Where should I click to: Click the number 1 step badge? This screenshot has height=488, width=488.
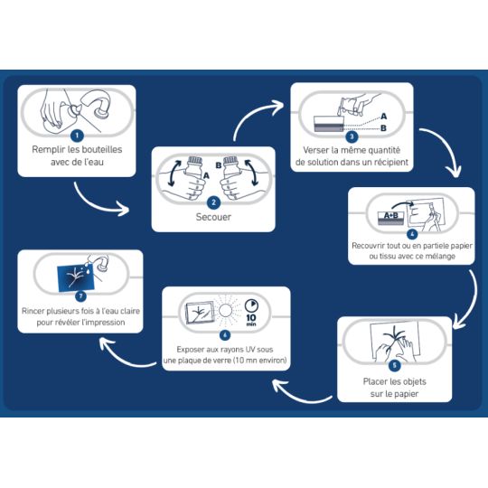77,136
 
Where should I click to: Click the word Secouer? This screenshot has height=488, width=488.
213,217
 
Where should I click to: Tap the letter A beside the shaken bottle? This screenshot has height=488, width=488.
206,176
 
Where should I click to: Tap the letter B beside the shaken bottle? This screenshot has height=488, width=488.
219,165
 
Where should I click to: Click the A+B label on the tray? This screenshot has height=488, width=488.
390,215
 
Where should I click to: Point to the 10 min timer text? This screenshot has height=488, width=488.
251,320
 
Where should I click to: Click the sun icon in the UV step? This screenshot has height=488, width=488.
225,311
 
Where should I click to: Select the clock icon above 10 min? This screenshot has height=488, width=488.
251,305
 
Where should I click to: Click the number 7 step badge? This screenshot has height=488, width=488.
81,296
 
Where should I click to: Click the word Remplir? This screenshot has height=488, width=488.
48,149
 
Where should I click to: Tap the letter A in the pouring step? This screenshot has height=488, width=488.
384,117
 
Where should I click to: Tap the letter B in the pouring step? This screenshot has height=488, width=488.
383,128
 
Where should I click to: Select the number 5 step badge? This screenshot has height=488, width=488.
395,365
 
